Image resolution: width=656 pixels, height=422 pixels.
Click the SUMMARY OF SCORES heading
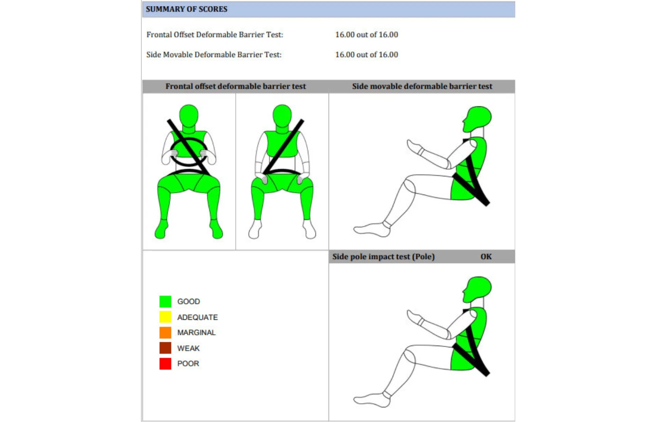coord(186,9)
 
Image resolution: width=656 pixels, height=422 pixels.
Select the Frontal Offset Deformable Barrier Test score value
coord(366,35)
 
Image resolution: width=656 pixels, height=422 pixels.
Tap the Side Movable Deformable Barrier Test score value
coord(366,54)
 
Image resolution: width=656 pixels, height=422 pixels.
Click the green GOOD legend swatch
coord(165,301)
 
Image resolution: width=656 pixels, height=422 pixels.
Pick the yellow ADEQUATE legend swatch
coord(165,317)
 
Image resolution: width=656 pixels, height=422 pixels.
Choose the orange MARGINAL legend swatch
coord(165,332)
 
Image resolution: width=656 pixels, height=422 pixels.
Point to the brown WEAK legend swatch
coord(165,348)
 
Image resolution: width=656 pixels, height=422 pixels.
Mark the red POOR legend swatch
coord(165,364)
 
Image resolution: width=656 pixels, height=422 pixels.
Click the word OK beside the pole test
coord(486,257)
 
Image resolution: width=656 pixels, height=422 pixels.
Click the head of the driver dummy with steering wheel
coord(188,115)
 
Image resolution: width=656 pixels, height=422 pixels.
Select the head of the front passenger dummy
coord(282,115)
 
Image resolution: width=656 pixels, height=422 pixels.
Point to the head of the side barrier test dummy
coord(477,119)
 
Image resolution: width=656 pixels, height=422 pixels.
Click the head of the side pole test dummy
coord(477,289)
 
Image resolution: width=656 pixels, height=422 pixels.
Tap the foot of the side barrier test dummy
coord(372,230)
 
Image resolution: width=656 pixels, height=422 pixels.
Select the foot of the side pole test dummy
coord(372,400)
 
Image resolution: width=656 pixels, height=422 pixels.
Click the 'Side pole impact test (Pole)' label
coord(383,257)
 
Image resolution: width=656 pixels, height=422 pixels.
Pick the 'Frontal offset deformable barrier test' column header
coord(235,86)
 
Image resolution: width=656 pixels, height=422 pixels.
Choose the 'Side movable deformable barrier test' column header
coord(422,86)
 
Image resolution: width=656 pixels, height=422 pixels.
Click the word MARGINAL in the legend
coord(196,332)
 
